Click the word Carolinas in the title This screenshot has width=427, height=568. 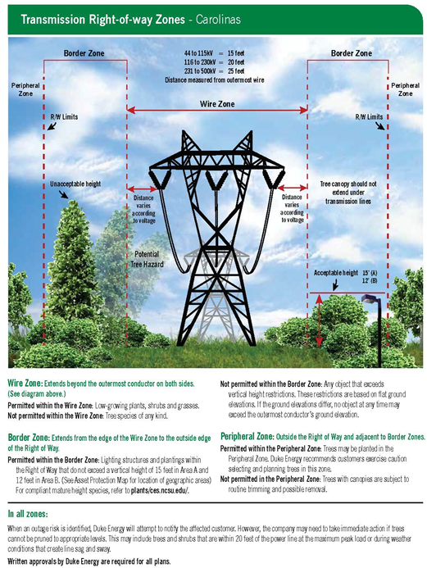tap(218, 19)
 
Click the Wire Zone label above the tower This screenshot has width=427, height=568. tap(217, 104)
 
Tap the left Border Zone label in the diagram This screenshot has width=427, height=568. tap(84, 53)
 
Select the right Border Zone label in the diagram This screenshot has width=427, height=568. tap(352, 53)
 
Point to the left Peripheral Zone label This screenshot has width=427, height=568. tap(25, 89)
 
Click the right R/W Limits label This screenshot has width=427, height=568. tap(369, 116)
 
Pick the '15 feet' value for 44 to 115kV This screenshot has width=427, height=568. tap(236, 53)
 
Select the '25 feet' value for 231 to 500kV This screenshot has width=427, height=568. tap(236, 71)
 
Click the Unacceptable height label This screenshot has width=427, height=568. tap(75, 184)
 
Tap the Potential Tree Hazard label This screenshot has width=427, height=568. tap(147, 259)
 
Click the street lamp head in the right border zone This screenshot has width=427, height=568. tap(370, 299)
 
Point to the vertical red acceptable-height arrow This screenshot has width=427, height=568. tap(319, 320)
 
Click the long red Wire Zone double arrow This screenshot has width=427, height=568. tap(217, 110)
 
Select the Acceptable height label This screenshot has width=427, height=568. tap(336, 273)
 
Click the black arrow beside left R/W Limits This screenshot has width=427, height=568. tap(52, 125)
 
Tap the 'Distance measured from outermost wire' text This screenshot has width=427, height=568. tap(215, 80)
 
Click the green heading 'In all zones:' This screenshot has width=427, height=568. tap(28, 514)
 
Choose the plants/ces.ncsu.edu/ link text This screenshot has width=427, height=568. tap(160, 491)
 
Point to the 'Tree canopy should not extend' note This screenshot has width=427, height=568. tap(348, 193)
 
